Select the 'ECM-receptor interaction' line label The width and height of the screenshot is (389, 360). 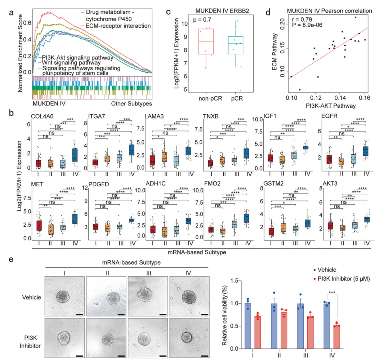(115, 26)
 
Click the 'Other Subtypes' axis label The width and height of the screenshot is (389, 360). (131, 104)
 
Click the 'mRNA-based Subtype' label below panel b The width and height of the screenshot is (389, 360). (201, 253)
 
